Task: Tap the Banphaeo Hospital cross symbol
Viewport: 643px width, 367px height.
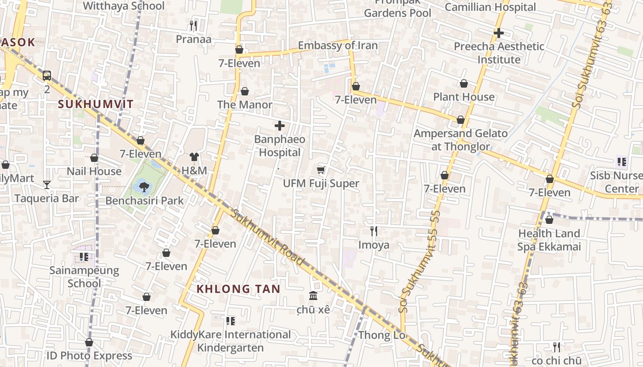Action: [x=279, y=126]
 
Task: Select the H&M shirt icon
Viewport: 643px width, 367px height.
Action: [x=194, y=157]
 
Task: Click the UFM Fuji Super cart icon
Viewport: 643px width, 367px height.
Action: [x=321, y=170]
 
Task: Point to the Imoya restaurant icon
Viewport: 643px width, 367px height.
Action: [x=374, y=231]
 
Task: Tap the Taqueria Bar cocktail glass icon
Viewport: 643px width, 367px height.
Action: [x=47, y=185]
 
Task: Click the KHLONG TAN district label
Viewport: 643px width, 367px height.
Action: [x=238, y=289]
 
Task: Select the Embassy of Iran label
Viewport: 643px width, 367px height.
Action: [x=338, y=45]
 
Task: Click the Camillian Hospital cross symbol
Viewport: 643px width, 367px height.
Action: [x=499, y=33]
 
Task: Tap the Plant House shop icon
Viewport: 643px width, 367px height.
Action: [x=464, y=83]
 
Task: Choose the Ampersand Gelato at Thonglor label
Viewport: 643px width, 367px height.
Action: [x=461, y=140]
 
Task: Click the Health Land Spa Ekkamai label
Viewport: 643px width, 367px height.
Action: [x=549, y=240]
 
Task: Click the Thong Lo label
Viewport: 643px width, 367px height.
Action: [x=382, y=335]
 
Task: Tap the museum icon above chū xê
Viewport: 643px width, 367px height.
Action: [x=313, y=295]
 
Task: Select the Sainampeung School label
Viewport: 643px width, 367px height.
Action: [x=84, y=277]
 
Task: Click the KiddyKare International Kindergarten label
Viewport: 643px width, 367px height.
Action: [x=231, y=341]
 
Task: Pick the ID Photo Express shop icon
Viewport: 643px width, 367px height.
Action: [x=89, y=343]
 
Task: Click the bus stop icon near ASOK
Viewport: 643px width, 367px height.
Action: [x=47, y=76]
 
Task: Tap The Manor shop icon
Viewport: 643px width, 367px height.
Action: [x=245, y=91]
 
